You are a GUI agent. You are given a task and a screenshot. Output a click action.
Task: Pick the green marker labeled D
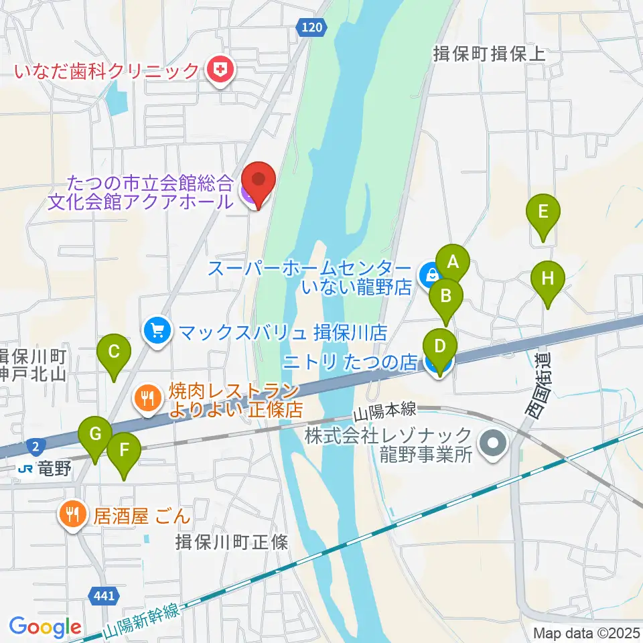pyautogui.click(x=440, y=347)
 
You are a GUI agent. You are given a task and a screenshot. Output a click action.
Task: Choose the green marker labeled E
pyautogui.click(x=543, y=212)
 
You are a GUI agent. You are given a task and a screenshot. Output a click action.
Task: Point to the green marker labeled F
pyautogui.click(x=124, y=450)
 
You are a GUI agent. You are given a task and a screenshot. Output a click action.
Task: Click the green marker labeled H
pyautogui.click(x=548, y=278)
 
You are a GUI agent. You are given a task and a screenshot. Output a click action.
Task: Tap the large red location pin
pyautogui.click(x=258, y=182)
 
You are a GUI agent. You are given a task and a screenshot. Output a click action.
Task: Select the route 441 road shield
pyautogui.click(x=105, y=594)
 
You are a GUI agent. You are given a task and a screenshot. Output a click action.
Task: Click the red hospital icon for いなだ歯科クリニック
pyautogui.click(x=218, y=70)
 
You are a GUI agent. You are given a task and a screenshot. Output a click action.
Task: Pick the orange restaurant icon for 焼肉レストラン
pyautogui.click(x=147, y=399)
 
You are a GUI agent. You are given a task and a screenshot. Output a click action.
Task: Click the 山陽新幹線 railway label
pyautogui.click(x=142, y=621)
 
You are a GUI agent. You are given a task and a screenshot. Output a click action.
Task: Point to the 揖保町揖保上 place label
pyautogui.click(x=490, y=54)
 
